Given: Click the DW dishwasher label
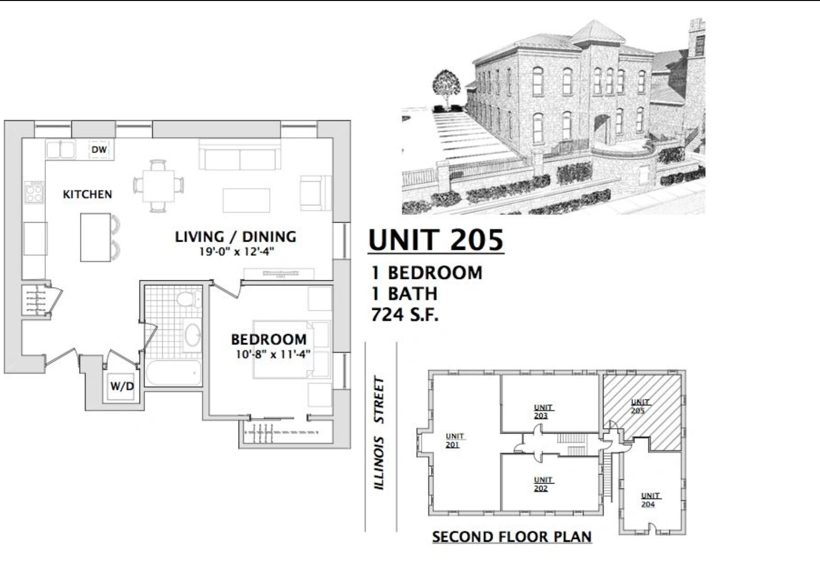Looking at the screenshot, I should coord(99,150).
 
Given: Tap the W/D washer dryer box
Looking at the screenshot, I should coord(121,386).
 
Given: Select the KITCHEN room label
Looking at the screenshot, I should coord(88,194).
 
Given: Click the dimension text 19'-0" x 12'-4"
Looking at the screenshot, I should coord(236,251).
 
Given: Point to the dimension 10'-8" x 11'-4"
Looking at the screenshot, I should coord(273,354).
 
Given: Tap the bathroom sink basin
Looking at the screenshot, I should coord(192,335).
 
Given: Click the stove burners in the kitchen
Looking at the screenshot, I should coord(34,192).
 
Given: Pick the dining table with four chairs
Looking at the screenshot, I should coord(159,185).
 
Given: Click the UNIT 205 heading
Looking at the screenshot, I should coord(436,240).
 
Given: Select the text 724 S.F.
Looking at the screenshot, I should coord(405,315).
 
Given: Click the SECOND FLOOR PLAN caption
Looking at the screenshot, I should coord(512,536).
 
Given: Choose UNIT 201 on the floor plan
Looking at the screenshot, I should coord(455,440).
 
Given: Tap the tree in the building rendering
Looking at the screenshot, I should coord(446,85).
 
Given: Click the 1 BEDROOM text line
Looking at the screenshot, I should coord(427,273).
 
